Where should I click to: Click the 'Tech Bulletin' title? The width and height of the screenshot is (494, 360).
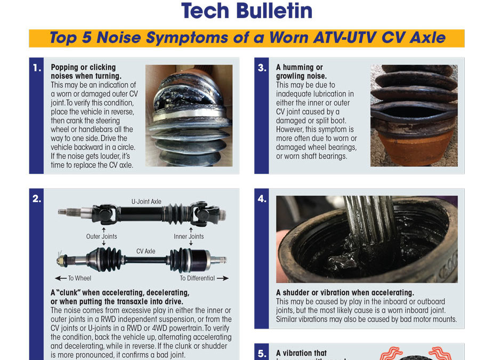pos(247,11)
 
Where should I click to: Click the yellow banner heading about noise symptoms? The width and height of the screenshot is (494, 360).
pos(247,38)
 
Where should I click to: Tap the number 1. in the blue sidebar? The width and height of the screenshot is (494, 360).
pos(37,68)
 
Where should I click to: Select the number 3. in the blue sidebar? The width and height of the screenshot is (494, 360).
pos(262,68)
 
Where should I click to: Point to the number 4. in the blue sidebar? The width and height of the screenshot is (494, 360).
pos(262,199)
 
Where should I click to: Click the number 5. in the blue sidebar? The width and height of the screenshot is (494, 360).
pos(262,353)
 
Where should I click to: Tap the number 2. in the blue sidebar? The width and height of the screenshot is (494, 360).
pos(37,199)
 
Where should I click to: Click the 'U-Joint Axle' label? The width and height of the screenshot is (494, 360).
pos(146,202)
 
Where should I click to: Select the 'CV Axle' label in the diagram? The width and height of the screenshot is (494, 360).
pos(146,251)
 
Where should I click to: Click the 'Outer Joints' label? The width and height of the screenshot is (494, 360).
pos(102,236)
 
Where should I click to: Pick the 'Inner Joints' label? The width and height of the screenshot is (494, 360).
pos(189,236)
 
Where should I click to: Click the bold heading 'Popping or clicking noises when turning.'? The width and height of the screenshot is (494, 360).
pos(83,71)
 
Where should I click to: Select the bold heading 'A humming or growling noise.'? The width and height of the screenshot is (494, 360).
pos(301,71)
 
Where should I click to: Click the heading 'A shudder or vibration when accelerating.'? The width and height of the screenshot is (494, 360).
pos(345,293)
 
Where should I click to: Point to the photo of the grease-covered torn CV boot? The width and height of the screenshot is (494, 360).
pos(189,115)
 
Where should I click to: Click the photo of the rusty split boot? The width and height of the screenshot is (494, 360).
pos(414,115)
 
